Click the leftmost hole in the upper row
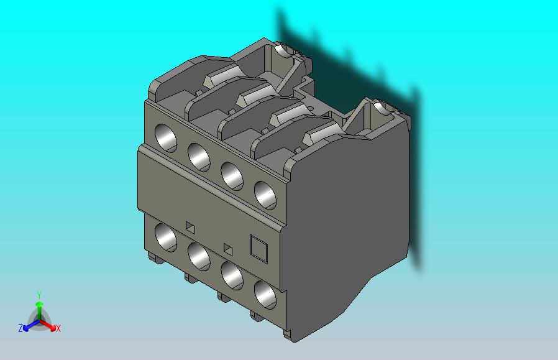coord(166,138)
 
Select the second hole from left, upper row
coord(199,157)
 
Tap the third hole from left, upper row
coord(232,176)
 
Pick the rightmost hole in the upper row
coord(265,195)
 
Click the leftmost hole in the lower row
coord(166,238)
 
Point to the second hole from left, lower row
coord(199,256)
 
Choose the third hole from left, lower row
coord(232,275)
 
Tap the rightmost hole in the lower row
coord(265,295)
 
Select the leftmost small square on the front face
coord(190,228)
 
